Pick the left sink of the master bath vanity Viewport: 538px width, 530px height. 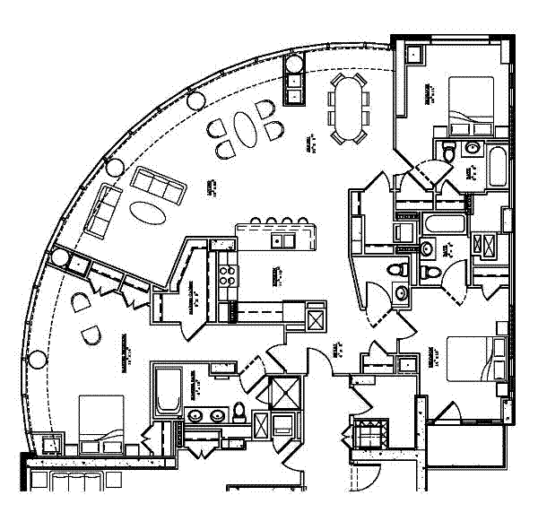195,415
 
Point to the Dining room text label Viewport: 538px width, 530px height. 309,143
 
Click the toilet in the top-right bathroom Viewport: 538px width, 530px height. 470,148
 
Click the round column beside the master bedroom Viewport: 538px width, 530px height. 38,361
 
